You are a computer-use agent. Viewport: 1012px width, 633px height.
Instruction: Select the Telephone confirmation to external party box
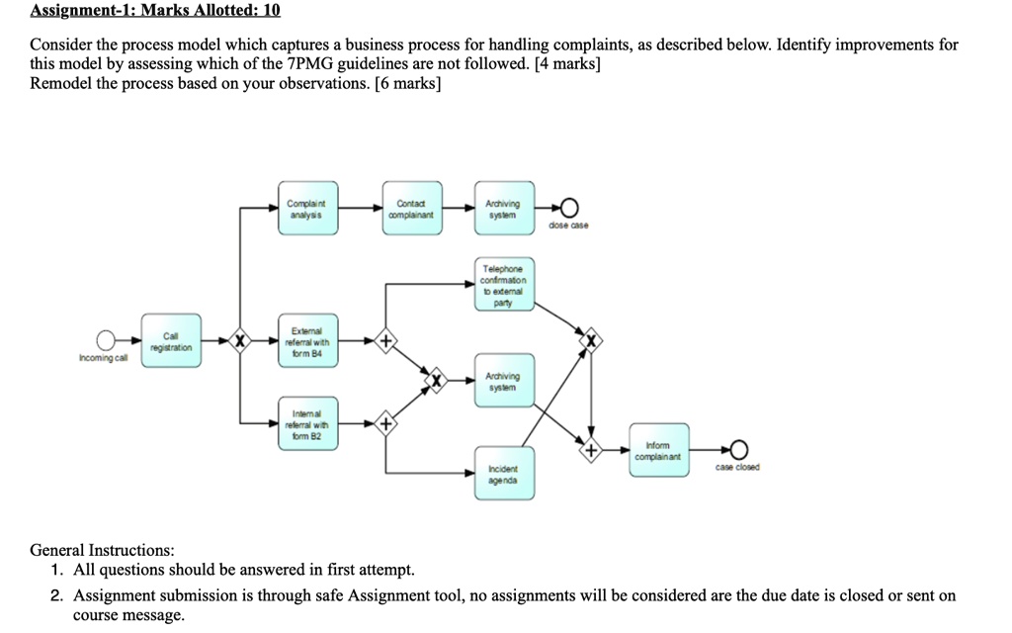coord(504,286)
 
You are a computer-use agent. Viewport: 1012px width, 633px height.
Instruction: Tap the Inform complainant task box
coord(657,450)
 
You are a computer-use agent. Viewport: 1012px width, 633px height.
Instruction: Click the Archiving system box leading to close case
coord(504,208)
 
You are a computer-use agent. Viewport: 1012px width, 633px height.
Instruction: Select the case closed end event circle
coord(737,450)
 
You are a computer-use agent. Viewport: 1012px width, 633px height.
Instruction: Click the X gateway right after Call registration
coord(237,342)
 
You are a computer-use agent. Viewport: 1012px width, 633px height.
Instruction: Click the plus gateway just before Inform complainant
coord(591,450)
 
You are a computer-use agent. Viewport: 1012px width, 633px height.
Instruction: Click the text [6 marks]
coord(404,83)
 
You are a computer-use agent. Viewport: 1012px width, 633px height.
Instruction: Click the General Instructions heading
coord(103,550)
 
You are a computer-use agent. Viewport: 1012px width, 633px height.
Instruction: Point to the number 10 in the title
coord(271,11)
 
